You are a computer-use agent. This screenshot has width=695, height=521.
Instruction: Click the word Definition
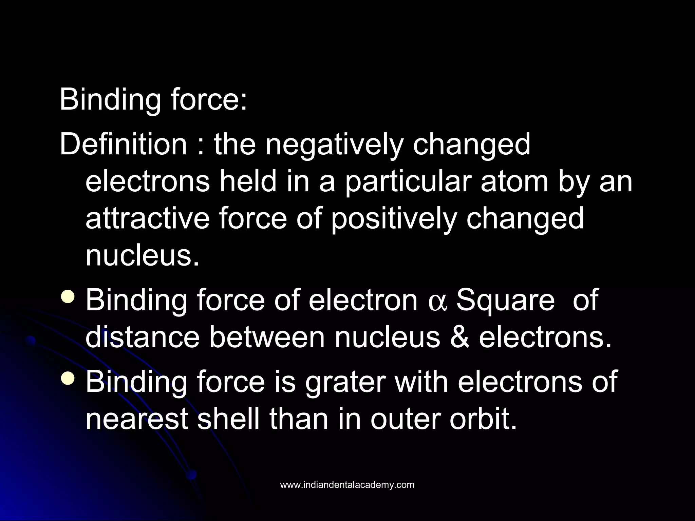(x=123, y=144)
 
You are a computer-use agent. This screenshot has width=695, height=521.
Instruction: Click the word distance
(x=143, y=337)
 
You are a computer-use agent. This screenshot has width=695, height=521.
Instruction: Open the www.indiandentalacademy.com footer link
(x=347, y=485)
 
